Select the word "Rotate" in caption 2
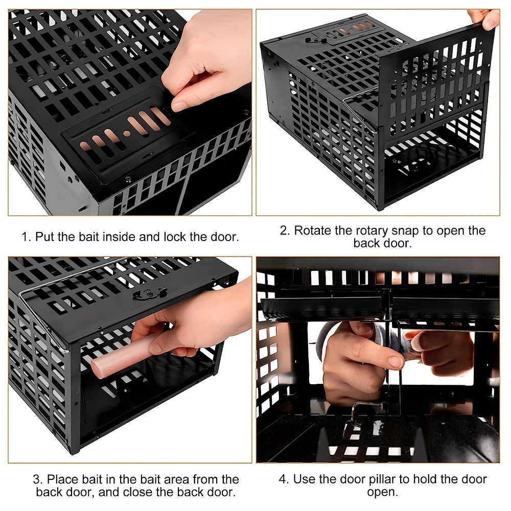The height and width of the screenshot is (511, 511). pos(313,230)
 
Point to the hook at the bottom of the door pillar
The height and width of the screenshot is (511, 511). pos(365,411)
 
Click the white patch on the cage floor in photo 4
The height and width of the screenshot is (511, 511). pos(378,428)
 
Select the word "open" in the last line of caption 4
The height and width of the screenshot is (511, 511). pos(383,492)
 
